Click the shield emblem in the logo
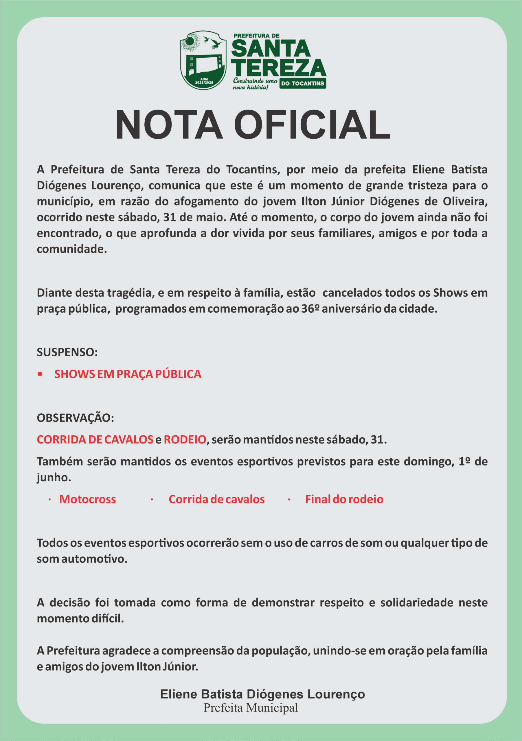point(203,60)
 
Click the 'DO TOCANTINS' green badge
point(302,83)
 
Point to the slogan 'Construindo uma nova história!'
point(255,84)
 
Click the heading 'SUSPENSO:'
point(67,352)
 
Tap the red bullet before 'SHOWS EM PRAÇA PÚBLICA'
point(40,374)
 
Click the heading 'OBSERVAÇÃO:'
point(75,418)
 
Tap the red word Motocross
point(87,499)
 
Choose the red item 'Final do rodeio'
point(344,499)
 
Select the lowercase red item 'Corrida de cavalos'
point(216,499)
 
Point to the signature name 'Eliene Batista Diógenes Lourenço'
point(262,694)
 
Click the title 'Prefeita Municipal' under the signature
point(251,708)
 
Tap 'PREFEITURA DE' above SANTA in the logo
point(256,36)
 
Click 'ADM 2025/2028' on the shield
point(204,81)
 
